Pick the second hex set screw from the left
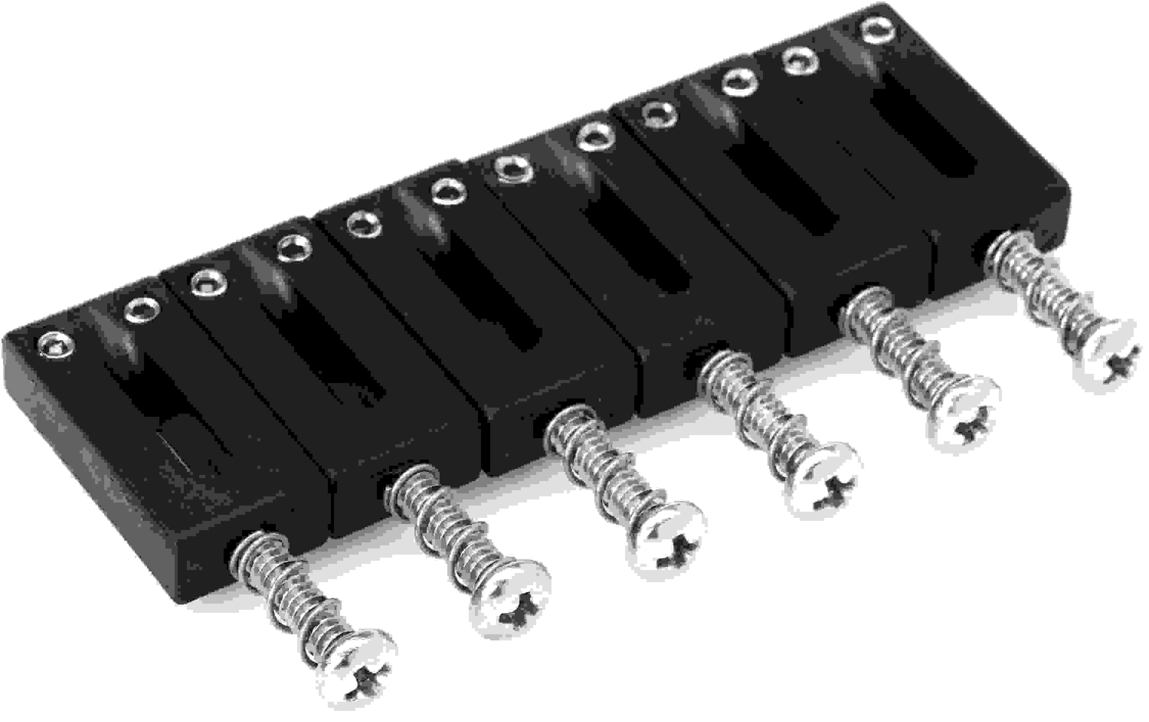tap(142, 310)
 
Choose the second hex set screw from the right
tap(800, 61)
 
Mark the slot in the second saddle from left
tap(329, 353)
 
